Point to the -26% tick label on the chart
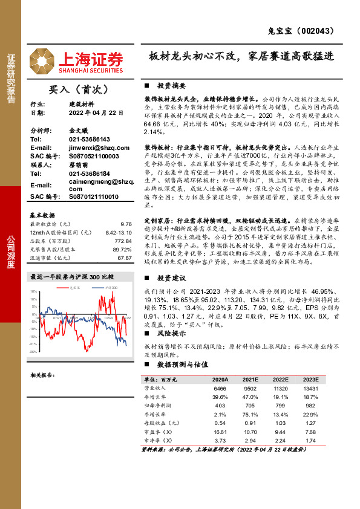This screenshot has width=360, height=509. [x=33, y=351]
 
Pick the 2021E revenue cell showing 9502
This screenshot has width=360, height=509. [x=250, y=387]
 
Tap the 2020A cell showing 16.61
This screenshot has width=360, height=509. [x=220, y=432]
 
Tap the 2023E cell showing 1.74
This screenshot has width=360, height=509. [x=312, y=441]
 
